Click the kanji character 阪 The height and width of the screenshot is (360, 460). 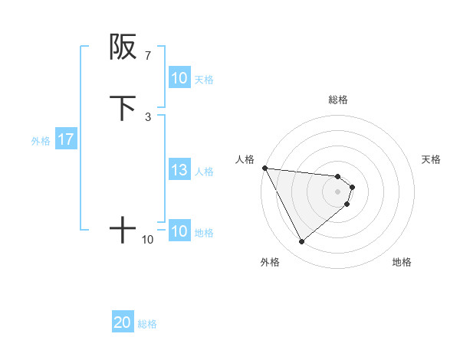[123, 47]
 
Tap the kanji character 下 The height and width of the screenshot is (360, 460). [123, 108]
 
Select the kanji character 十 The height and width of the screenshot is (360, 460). [123, 230]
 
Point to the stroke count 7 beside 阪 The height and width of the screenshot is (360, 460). [147, 55]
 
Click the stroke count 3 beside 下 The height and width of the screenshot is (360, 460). [147, 116]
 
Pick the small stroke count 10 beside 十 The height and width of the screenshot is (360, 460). [147, 240]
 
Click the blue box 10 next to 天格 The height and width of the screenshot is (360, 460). [179, 78]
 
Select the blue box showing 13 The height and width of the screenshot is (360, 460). [179, 171]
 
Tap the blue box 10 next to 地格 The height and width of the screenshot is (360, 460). [179, 232]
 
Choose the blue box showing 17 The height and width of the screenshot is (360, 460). [65, 140]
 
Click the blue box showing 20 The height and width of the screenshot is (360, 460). [122, 323]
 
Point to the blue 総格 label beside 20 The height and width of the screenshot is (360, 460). [147, 324]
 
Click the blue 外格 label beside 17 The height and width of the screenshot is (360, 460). [41, 141]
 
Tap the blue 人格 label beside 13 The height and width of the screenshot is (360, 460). [205, 172]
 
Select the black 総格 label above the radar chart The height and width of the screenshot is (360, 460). [338, 100]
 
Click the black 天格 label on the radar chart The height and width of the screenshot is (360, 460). [432, 159]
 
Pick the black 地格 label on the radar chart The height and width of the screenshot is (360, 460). [402, 262]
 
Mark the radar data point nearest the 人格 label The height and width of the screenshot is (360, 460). [264, 168]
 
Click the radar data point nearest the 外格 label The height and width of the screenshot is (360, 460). [301, 242]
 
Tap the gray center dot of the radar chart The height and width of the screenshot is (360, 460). [338, 191]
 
